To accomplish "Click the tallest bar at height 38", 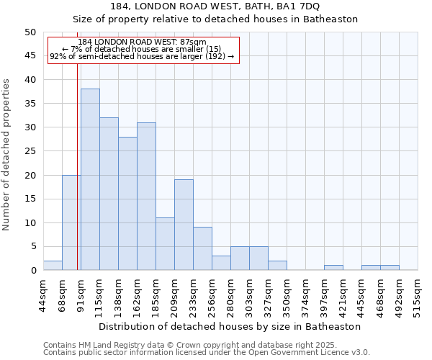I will (x=90, y=179).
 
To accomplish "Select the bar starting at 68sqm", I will (x=71, y=222).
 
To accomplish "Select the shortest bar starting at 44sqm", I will (x=53, y=266).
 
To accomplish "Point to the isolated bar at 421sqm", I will (x=333, y=268).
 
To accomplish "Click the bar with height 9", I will (x=202, y=248).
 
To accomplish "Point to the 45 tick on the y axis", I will (x=30, y=56).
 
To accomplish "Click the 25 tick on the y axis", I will (x=30, y=151).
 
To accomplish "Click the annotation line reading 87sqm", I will (x=142, y=42).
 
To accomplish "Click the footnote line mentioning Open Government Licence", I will (x=207, y=352).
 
